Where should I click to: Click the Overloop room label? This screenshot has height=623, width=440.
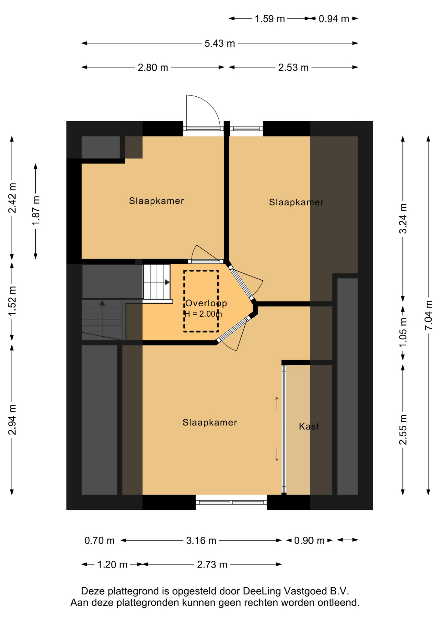(206, 303)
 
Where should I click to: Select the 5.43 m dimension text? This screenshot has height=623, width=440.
(220, 43)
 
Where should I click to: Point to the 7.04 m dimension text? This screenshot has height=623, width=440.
(428, 315)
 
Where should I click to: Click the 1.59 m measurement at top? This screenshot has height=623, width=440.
(270, 19)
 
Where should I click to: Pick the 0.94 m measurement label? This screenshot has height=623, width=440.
(334, 19)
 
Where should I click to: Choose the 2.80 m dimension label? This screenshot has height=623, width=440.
(153, 67)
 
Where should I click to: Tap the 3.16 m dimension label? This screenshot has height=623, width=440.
(201, 540)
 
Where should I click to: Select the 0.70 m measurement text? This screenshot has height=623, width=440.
(99, 540)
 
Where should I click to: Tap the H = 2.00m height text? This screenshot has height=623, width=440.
(203, 314)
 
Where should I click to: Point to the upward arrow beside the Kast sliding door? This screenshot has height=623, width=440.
(277, 403)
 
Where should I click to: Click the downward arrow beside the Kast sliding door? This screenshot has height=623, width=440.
(277, 454)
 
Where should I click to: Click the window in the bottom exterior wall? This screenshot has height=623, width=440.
(231, 502)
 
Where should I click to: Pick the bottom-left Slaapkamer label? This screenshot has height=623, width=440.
(210, 422)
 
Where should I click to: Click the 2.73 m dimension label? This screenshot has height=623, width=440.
(212, 565)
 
